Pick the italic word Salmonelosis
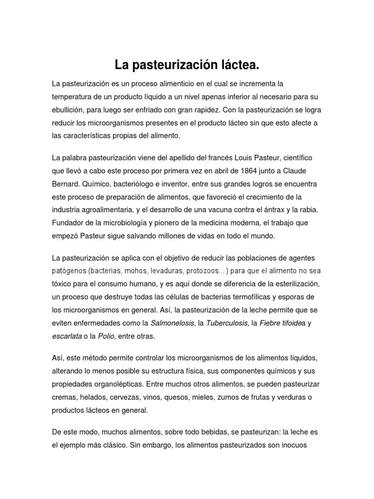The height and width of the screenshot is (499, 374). pyautogui.click(x=171, y=323)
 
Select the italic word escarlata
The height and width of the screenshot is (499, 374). pyautogui.click(x=68, y=336)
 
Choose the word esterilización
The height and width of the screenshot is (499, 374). pyautogui.click(x=284, y=284)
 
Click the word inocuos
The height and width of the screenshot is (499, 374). pyautogui.click(x=291, y=445)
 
